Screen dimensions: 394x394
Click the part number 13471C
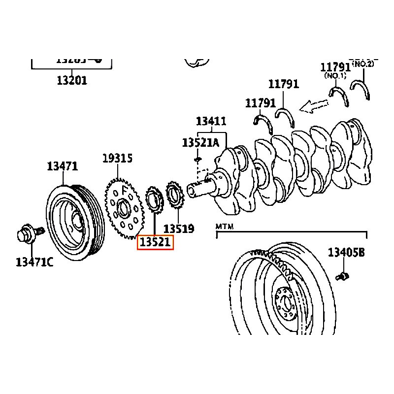click(x=34, y=262)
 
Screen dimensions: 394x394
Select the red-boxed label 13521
click(x=155, y=242)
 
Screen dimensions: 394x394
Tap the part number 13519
click(x=178, y=229)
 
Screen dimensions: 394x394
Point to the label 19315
click(x=117, y=159)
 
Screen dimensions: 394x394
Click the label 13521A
click(x=200, y=143)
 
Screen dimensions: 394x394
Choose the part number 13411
click(x=211, y=121)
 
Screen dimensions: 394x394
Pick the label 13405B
click(x=347, y=253)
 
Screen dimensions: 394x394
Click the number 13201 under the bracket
click(x=72, y=80)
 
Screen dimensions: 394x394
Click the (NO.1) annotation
click(x=335, y=76)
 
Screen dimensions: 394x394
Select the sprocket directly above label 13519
click(x=174, y=196)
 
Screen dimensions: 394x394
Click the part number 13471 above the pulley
click(x=63, y=166)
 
